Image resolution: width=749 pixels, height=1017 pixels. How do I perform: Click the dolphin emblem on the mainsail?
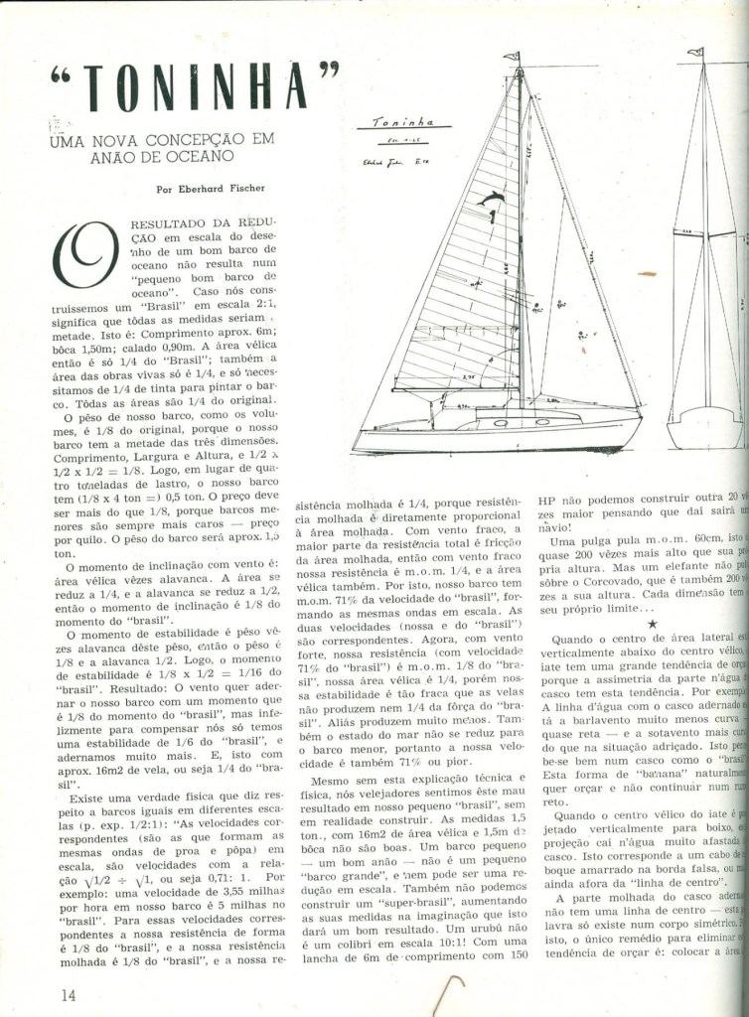[490, 203]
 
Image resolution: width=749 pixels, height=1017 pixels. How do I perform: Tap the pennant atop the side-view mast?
[512, 57]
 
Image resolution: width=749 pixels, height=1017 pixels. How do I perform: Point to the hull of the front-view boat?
[704, 428]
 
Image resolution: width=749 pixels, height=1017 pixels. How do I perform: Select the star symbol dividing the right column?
[651, 623]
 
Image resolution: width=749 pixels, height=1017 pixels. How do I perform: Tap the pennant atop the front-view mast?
[695, 52]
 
